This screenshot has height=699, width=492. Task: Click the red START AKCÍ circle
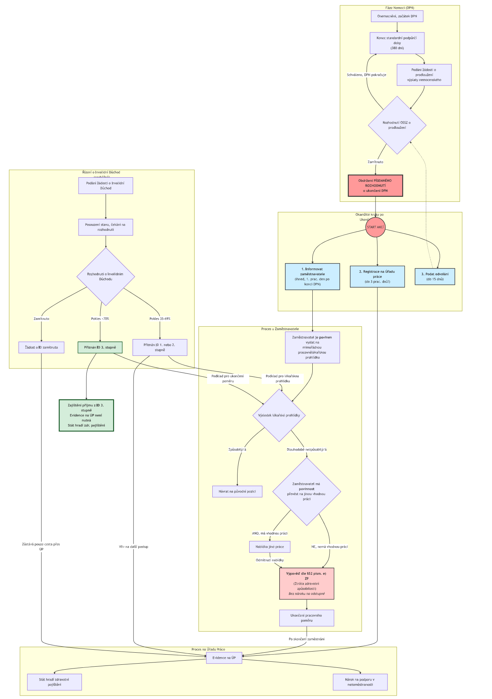pos(375,227)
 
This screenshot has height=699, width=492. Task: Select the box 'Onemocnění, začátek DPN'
pos(397,16)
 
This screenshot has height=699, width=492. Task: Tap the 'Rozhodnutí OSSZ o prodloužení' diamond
pos(397,125)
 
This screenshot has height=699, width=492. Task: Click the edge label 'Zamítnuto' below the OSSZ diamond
pos(375,162)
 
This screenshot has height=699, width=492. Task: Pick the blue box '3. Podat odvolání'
pos(434,277)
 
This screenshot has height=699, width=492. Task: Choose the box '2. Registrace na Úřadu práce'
pos(377,277)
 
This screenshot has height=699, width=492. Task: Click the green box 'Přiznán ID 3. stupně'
pos(100,347)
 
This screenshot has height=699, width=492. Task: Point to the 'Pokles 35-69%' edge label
pos(160,319)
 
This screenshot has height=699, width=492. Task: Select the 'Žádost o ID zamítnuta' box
pos(41,347)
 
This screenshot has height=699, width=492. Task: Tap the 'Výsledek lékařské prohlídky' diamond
pos(279,415)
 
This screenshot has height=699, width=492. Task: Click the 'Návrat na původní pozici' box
pos(237,491)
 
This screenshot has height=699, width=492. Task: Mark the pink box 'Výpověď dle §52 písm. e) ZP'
pos(307,583)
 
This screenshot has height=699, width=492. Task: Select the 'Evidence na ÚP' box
pos(224,658)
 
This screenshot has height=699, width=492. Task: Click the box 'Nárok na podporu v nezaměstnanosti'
pos(360,682)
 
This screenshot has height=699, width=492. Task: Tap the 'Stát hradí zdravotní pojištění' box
pos(54,682)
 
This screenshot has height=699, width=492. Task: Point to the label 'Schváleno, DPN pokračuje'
pos(366,75)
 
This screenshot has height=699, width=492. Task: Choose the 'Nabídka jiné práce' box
pos(269,547)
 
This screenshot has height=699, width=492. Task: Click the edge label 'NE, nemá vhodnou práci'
pos(329,547)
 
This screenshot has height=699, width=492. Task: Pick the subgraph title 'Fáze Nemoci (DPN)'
pos(400,8)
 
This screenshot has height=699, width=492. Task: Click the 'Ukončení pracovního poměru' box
pos(306,618)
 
